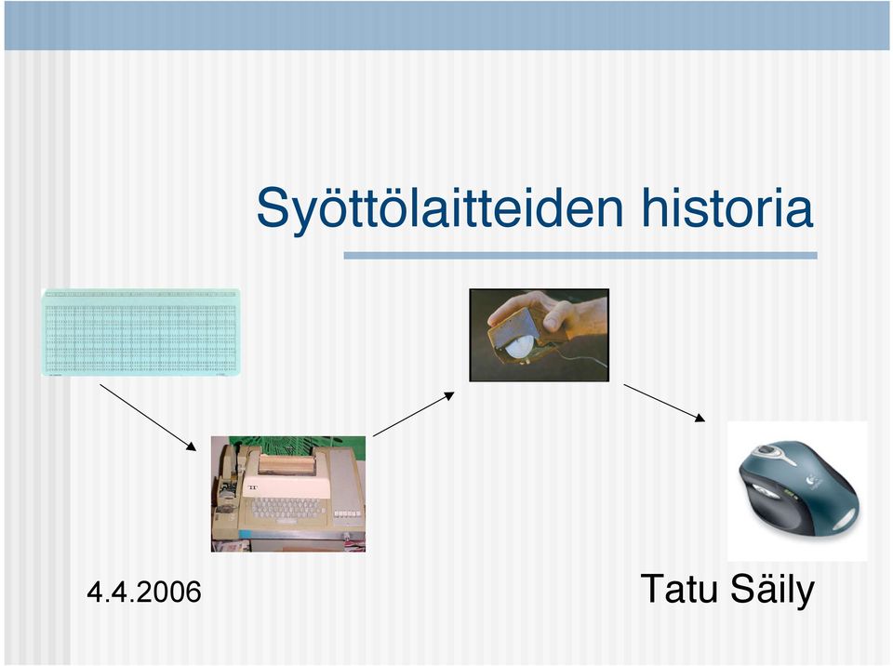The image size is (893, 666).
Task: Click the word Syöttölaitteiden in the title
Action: click(x=440, y=209)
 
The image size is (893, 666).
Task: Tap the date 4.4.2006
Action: click(x=144, y=592)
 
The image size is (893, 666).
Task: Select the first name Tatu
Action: click(x=679, y=589)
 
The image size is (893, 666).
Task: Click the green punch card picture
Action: click(x=140, y=332)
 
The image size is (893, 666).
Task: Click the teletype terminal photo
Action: click(x=288, y=494)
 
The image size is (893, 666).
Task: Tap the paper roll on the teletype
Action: click(x=287, y=464)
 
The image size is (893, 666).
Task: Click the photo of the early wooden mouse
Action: click(x=539, y=335)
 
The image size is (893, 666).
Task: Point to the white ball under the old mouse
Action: click(x=521, y=346)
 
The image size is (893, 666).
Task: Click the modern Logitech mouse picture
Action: click(x=797, y=491)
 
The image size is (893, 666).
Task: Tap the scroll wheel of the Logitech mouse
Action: click(x=766, y=451)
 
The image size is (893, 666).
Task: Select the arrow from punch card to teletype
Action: click(x=148, y=418)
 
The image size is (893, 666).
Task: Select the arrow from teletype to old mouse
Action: click(x=413, y=414)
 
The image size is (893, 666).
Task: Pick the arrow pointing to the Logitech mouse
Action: click(x=664, y=403)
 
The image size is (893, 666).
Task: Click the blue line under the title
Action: click(x=580, y=256)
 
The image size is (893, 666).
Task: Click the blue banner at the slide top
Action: click(x=447, y=25)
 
